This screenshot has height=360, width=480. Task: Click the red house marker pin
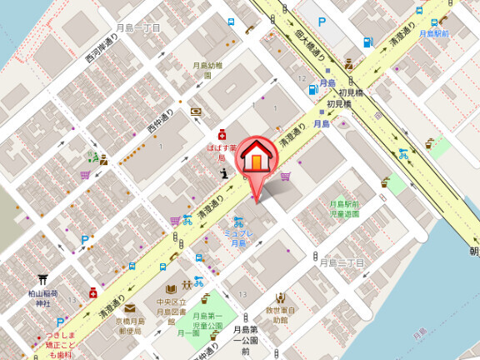[259, 158]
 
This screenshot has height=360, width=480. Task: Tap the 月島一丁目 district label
[138, 27]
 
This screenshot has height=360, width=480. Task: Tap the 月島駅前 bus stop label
[434, 33]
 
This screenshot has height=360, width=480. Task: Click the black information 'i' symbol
[224, 173]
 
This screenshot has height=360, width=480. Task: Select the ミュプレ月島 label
[238, 237]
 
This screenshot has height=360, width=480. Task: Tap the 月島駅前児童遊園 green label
[344, 208]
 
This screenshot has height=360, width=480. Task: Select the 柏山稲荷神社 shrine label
[42, 298]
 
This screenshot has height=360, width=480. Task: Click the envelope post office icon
[130, 307]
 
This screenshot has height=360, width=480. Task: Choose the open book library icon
[159, 287]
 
